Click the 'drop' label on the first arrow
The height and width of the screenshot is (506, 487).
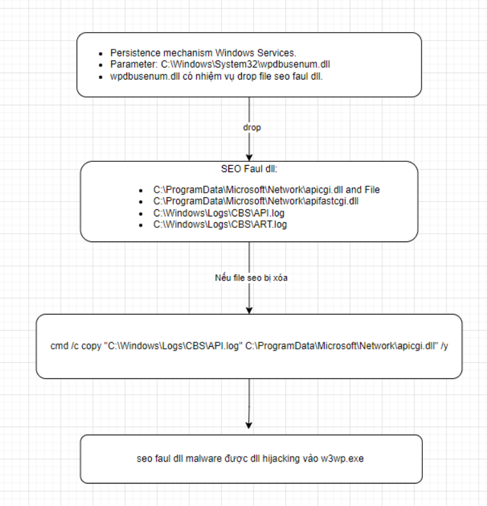coord(252,128)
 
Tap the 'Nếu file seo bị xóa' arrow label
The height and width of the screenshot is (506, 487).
coord(251,278)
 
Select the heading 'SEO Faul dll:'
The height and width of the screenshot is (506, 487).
coord(249,169)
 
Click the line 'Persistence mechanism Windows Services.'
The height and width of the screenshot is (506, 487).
coord(203,53)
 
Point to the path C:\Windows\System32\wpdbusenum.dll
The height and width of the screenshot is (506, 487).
coord(245,64)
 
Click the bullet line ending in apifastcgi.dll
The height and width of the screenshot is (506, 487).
coord(256,201)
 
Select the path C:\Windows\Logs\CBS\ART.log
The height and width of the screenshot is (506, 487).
coord(220,224)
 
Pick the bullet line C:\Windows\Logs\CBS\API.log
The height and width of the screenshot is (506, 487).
coord(219,213)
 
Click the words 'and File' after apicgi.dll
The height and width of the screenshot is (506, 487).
coord(363,190)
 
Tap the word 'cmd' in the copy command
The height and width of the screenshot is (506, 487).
coord(59,346)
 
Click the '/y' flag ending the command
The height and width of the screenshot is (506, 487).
coord(445,346)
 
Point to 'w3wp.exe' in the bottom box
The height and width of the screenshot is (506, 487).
coord(342,458)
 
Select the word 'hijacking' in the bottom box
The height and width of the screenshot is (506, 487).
coord(281,458)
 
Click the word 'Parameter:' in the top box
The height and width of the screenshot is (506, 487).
coord(134,64)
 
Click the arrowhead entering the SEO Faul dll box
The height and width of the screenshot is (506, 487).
coord(250,158)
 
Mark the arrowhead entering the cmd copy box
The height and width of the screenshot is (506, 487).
coord(250,310)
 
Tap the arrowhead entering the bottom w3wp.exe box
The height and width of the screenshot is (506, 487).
coord(249,426)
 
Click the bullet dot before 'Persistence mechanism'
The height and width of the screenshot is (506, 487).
coord(101,53)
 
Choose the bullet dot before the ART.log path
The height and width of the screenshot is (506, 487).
coord(141,225)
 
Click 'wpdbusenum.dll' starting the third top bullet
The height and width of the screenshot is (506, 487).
coord(145,76)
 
